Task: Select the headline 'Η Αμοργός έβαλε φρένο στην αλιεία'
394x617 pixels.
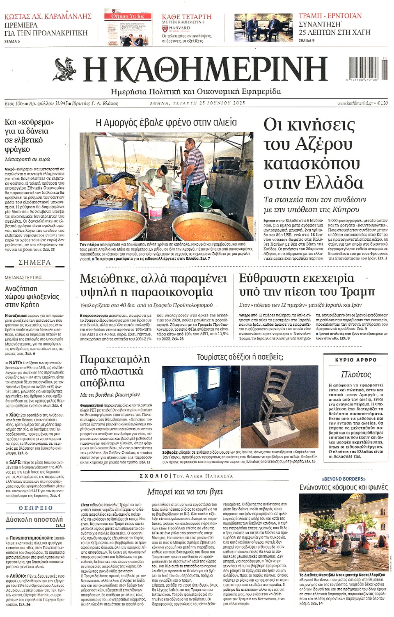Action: pyautogui.click(x=166, y=122)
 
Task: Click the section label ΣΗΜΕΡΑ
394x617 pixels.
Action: pyautogui.click(x=34, y=262)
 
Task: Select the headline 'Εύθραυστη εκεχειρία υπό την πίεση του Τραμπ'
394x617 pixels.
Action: pyautogui.click(x=307, y=285)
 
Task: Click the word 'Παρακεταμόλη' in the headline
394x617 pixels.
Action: pyautogui.click(x=115, y=359)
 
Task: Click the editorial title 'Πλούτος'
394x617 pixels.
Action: pyautogui.click(x=356, y=374)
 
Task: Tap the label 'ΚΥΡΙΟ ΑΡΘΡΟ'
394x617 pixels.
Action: pyautogui.click(x=356, y=360)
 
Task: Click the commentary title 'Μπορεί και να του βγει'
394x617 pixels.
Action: pyautogui.click(x=185, y=491)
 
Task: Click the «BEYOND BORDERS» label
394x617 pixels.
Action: pyautogui.click(x=344, y=479)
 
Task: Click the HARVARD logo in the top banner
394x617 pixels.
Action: pyautogui.click(x=179, y=28)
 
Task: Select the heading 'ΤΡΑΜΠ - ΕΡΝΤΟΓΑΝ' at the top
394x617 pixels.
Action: pyautogui.click(x=330, y=16)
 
